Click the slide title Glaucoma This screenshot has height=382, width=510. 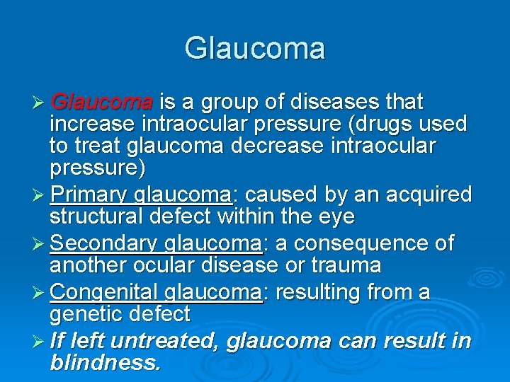[255, 49]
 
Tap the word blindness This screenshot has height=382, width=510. [105, 363]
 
